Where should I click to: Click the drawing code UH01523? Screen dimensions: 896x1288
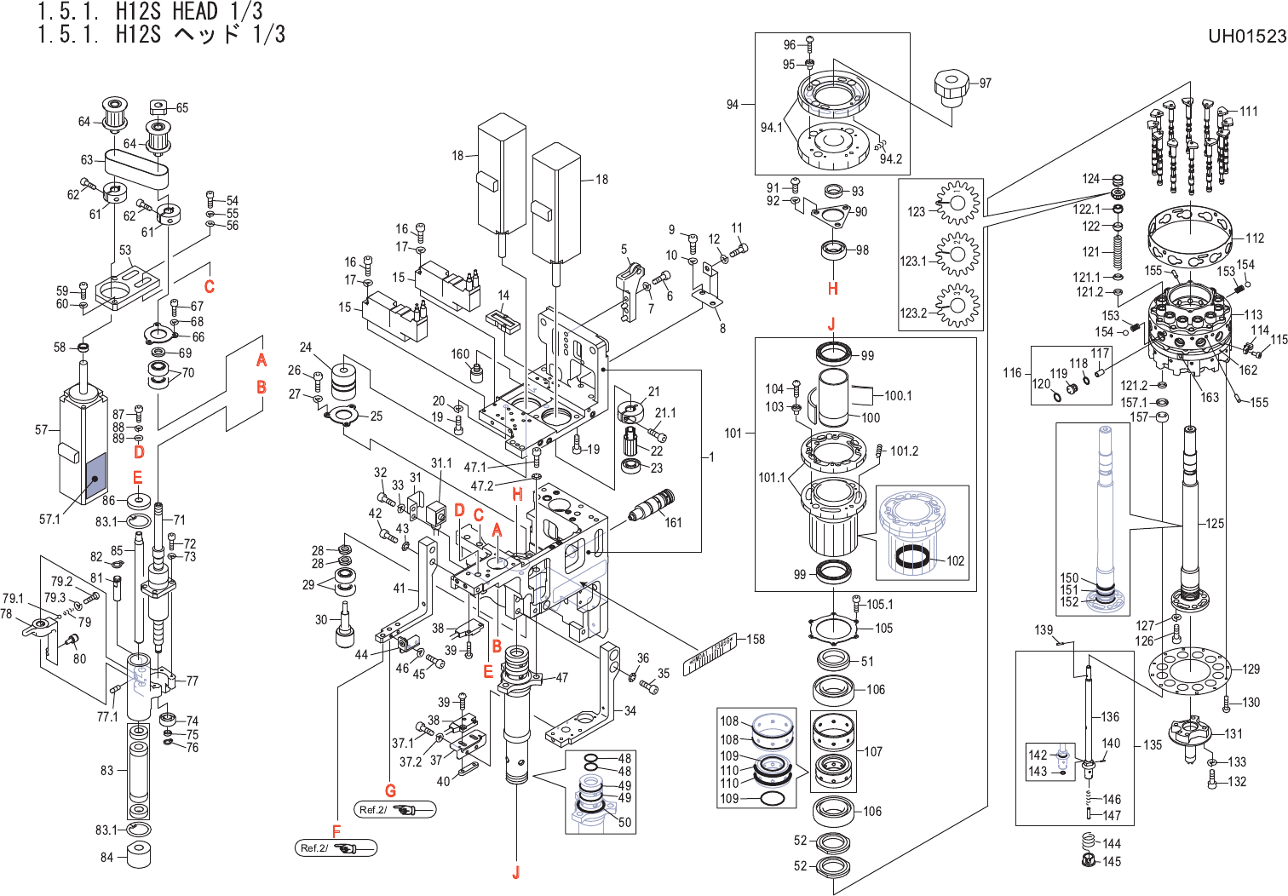click(x=1246, y=36)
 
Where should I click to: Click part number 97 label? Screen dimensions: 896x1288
click(x=985, y=83)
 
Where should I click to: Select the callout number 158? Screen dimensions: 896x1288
click(x=756, y=639)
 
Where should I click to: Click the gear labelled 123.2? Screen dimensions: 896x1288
click(x=957, y=307)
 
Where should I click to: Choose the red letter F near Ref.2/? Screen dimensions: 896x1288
click(x=336, y=831)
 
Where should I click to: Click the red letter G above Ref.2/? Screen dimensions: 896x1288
click(x=390, y=791)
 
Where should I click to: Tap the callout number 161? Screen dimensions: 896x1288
click(x=673, y=522)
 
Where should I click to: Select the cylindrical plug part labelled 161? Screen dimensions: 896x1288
click(x=651, y=508)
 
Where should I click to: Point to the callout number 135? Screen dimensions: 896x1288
click(x=1153, y=745)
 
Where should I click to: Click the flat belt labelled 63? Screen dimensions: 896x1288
click(x=136, y=164)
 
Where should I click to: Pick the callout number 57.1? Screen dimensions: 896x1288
click(x=50, y=519)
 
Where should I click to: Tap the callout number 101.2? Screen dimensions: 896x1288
click(x=905, y=451)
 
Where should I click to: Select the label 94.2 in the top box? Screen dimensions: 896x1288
click(x=890, y=158)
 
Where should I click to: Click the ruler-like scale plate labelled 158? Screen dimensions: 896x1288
click(x=710, y=654)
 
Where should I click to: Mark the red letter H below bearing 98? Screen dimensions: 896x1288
click(x=832, y=289)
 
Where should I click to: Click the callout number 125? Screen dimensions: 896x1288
click(x=1215, y=523)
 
